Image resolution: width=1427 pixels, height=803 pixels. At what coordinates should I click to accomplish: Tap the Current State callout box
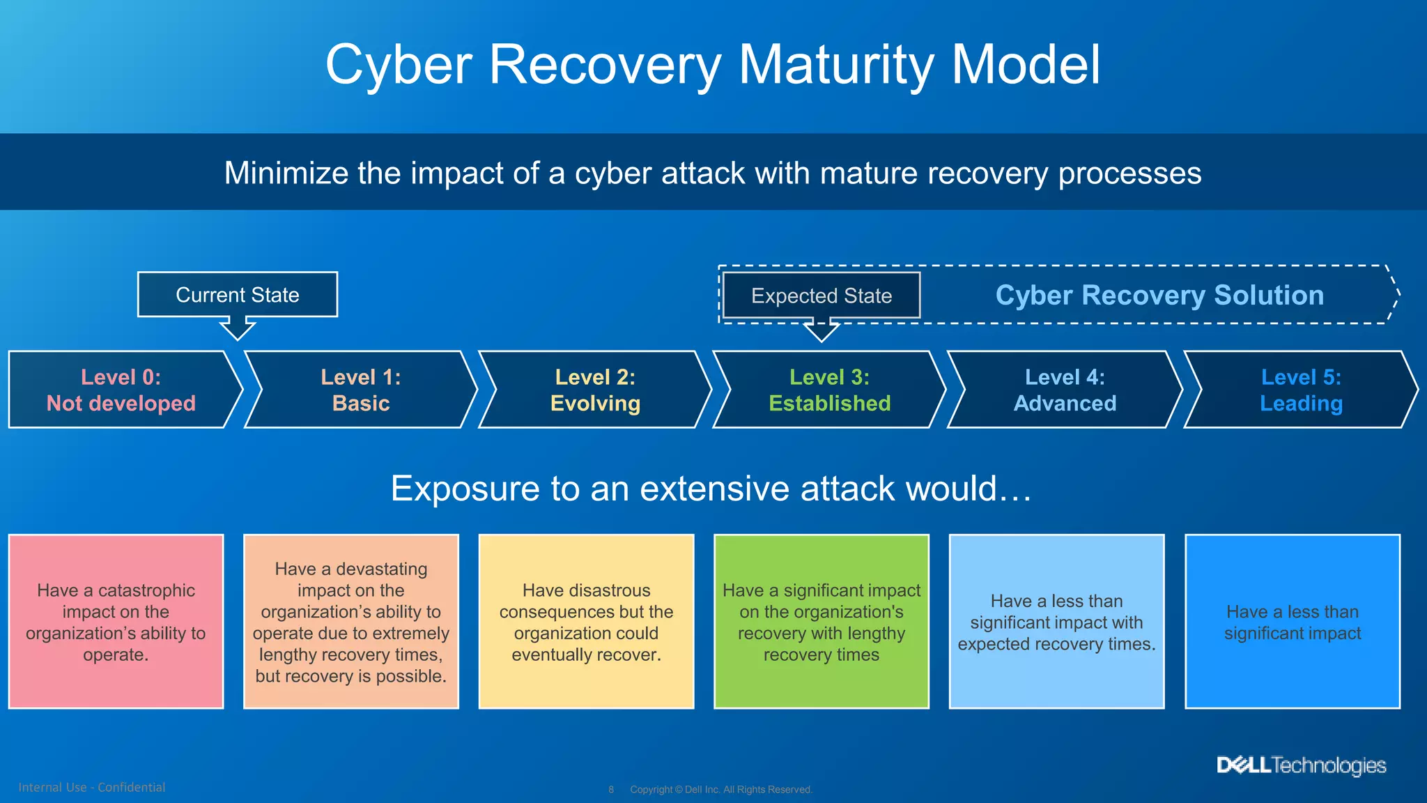coord(238,295)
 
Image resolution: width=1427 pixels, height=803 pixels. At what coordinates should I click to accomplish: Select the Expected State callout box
coord(822,296)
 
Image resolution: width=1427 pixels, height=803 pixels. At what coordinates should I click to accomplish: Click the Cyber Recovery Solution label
coord(1159,295)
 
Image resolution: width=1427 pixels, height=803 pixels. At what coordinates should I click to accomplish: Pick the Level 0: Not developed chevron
coord(121,390)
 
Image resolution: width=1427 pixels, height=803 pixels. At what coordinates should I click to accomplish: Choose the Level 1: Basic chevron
coord(360,390)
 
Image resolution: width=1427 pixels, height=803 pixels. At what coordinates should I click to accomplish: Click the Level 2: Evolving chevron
coord(595,390)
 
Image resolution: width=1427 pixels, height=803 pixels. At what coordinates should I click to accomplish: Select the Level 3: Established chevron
coord(829,390)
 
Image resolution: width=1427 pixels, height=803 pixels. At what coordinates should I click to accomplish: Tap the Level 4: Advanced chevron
coord(1065,390)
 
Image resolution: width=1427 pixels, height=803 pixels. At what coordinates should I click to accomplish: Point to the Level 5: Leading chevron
coord(1300,390)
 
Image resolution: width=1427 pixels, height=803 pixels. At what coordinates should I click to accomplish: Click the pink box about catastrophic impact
coord(116,622)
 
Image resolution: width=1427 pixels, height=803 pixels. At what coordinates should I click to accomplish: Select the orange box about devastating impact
coord(351,622)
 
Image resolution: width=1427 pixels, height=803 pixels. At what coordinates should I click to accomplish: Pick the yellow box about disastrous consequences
coord(586,622)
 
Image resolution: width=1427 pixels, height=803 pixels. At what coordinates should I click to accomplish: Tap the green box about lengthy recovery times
coord(822,622)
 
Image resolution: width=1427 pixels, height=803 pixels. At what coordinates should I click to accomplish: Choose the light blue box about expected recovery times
coord(1056,622)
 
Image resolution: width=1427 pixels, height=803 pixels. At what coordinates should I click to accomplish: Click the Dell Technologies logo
coord(1301,765)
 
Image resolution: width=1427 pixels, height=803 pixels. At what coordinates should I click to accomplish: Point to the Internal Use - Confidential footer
coord(92,787)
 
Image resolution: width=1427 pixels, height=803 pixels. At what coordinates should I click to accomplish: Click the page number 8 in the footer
coord(611,790)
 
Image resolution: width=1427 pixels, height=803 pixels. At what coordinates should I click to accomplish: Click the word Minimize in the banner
coord(285,173)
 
